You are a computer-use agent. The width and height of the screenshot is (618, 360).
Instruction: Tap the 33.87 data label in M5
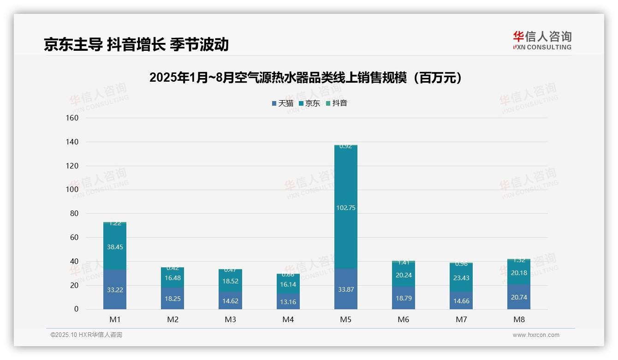[345, 289]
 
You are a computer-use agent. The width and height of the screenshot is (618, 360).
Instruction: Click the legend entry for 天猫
[283, 103]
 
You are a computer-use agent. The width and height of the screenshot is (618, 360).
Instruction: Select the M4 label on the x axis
[288, 319]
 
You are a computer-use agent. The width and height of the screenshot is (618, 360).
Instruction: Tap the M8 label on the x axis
[519, 319]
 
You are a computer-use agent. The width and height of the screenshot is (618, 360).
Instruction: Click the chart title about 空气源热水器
[306, 78]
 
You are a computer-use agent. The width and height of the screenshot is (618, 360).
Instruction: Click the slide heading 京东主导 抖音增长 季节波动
[136, 44]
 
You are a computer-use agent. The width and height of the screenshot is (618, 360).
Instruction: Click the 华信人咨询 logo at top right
[542, 40]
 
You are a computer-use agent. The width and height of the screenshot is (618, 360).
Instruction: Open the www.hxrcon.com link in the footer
[536, 335]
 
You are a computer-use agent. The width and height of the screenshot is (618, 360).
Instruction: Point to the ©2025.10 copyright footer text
[86, 335]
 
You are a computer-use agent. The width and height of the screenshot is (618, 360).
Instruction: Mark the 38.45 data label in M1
[115, 247]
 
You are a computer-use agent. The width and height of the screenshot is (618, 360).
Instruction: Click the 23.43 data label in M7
[461, 278]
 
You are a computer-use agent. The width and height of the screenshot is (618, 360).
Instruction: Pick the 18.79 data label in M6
[404, 298]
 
